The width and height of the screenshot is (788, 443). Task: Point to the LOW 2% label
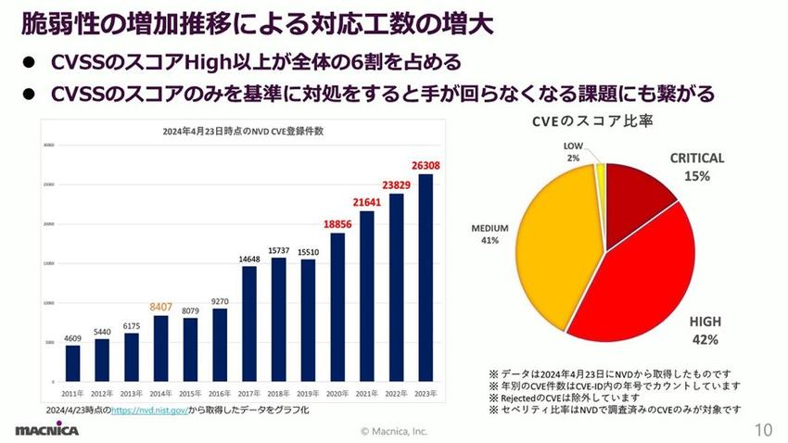point(574,152)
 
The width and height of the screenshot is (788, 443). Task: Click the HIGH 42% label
point(705,330)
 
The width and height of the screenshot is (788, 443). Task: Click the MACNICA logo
point(46,430)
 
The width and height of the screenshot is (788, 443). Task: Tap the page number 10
point(763,430)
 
